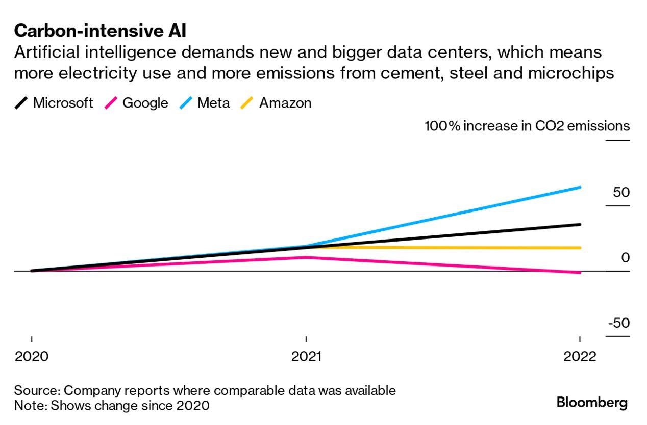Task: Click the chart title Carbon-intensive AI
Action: pos(100,32)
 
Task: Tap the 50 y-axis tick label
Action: pos(621,193)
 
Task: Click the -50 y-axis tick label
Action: pos(618,324)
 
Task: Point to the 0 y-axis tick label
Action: pos(625,258)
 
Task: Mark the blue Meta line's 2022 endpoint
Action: pos(580,188)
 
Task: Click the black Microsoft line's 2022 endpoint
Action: pos(580,224)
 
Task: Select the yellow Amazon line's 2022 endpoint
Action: pos(580,248)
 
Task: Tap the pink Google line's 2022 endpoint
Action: pos(580,273)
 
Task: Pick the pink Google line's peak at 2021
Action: pos(306,257)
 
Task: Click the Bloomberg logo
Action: pos(592,402)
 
